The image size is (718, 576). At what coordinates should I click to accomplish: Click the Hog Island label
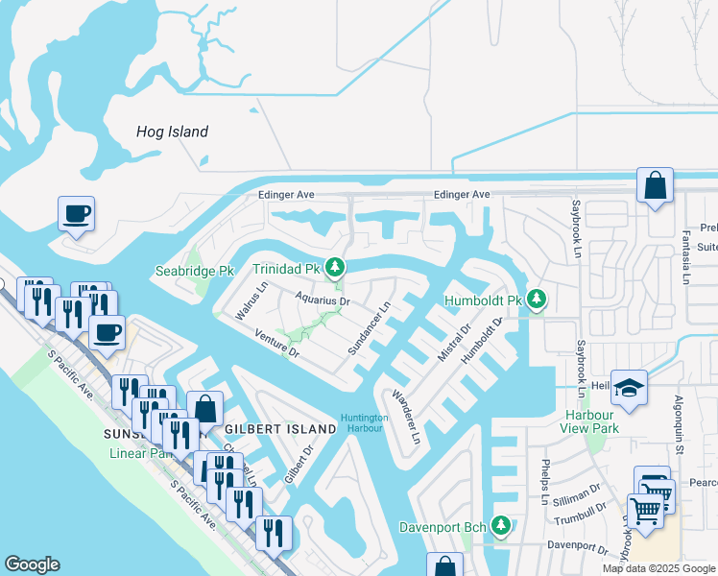pos(173,132)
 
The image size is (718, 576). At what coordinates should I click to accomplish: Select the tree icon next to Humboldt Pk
pos(537,300)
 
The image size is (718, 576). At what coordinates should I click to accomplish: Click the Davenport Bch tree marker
pos(500,526)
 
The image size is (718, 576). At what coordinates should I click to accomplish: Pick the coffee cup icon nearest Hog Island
pos(77,213)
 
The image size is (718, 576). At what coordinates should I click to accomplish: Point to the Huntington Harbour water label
pos(364,422)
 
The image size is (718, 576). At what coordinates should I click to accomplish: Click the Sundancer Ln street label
pos(370,329)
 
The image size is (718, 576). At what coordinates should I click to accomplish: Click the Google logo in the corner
pos(33,564)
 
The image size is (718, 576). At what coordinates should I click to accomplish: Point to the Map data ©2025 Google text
pos(658,568)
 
